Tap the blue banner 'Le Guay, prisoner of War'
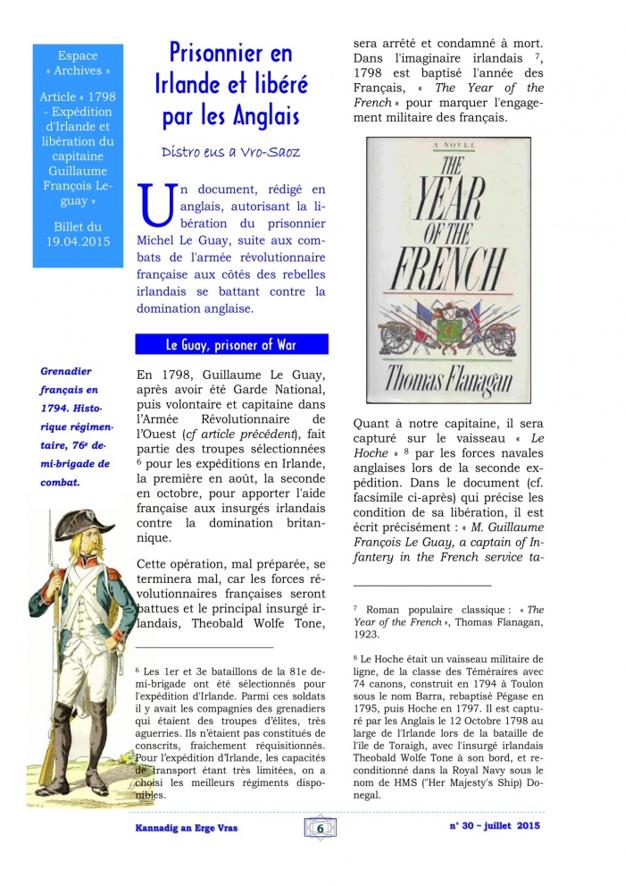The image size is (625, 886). (x=231, y=344)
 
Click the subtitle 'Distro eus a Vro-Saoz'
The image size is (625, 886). (x=231, y=152)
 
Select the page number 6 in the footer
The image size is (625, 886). (x=320, y=828)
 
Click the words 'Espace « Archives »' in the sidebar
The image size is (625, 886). (x=78, y=63)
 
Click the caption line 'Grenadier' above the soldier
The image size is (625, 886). (x=65, y=371)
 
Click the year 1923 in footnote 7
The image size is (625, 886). (x=368, y=635)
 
